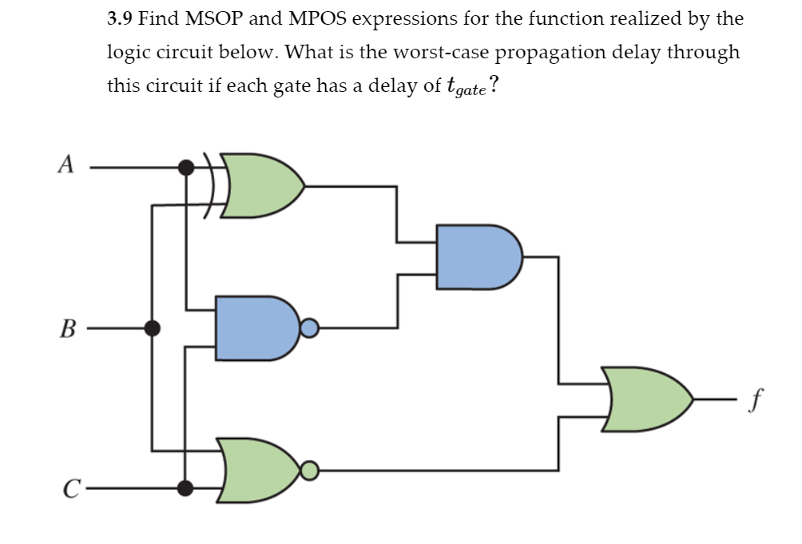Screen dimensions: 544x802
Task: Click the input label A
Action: point(67,165)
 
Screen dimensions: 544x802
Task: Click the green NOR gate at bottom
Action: point(260,471)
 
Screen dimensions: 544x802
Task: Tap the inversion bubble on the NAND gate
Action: point(310,328)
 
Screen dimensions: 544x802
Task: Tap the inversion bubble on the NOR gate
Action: point(310,471)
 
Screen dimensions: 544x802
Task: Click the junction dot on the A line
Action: point(186,168)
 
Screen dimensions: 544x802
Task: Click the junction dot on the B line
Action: point(152,328)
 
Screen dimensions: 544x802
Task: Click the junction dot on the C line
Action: point(186,487)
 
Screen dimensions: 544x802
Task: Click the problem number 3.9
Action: point(121,18)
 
